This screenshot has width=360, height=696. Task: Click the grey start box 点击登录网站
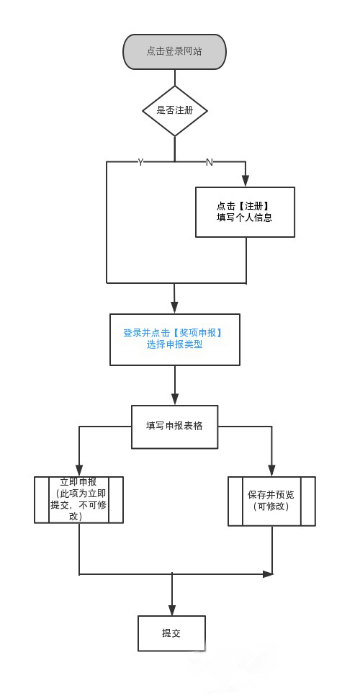[174, 51]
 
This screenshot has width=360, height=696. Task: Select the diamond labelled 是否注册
[175, 111]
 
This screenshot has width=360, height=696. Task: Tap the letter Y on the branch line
[140, 162]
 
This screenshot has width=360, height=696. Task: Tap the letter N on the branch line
[210, 162]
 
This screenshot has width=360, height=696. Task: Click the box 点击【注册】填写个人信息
[246, 212]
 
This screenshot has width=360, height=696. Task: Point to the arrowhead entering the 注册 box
[246, 181]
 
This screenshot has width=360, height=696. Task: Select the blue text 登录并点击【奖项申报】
[173, 333]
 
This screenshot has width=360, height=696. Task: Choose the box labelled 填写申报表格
[175, 427]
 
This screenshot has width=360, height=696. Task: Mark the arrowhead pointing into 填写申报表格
[175, 399]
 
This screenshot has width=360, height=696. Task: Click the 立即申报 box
[79, 500]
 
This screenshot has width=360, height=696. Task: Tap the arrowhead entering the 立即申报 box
[79, 470]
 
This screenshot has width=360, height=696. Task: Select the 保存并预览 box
[271, 501]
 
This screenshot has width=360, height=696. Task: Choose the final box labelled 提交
[171, 633]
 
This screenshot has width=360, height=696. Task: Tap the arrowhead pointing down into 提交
[171, 610]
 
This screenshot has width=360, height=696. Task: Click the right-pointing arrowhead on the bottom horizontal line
[267, 574]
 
